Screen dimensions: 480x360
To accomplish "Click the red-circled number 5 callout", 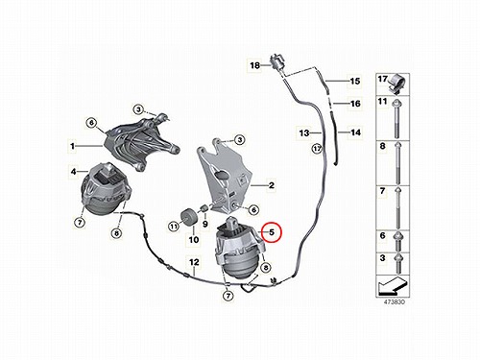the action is click(272, 232).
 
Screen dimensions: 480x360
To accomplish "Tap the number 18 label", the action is click(254, 65).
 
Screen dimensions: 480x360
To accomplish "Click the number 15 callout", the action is click(355, 81).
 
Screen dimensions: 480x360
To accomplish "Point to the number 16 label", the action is click(355, 104).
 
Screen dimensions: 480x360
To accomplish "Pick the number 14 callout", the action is click(355, 132).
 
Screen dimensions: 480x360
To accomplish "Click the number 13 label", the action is click(304, 132).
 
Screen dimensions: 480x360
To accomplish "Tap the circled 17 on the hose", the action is click(317, 149).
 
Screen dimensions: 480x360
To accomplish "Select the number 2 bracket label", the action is click(272, 185).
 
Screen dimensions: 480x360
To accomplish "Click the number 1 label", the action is click(72, 146).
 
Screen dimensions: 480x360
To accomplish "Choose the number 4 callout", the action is click(74, 172).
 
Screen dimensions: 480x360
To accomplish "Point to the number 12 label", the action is click(194, 262).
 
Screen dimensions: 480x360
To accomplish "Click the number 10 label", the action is click(194, 240).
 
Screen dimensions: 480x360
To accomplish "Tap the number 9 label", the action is click(205, 224).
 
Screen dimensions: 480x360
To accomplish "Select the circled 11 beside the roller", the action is click(174, 227).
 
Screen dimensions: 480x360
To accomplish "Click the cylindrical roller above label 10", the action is click(188, 217).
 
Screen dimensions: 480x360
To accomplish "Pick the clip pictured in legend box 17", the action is click(397, 84).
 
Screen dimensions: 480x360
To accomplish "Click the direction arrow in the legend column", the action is click(392, 286).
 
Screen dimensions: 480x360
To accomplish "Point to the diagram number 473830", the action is click(394, 301).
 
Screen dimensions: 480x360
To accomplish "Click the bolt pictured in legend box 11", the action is click(396, 118).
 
